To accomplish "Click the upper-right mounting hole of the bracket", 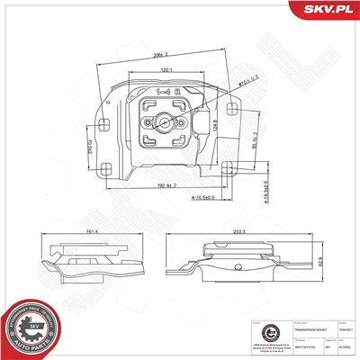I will pos(234,108).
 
